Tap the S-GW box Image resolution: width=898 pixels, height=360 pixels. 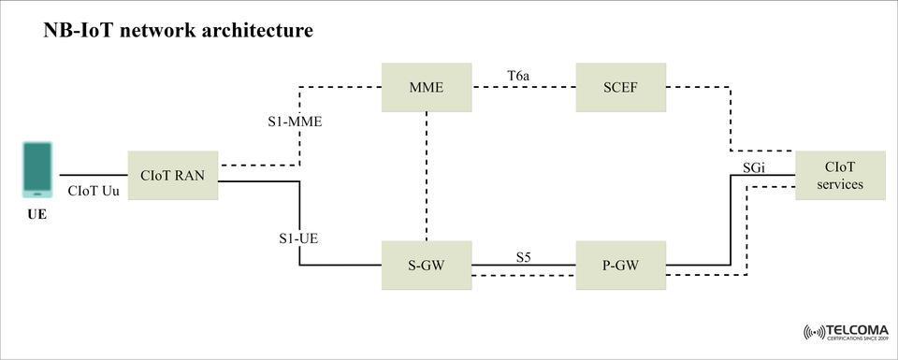click(x=426, y=266)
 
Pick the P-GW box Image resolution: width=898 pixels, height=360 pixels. click(x=620, y=266)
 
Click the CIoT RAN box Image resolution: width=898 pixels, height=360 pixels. click(x=172, y=174)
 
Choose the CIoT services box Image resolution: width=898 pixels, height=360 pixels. click(x=839, y=175)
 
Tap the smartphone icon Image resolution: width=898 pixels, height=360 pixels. click(x=37, y=169)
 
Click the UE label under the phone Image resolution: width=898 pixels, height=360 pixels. click(x=36, y=215)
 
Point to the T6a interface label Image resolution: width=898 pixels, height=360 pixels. click(x=519, y=72)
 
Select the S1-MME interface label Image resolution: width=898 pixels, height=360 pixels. click(x=295, y=122)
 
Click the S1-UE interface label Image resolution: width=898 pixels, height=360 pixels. click(x=298, y=238)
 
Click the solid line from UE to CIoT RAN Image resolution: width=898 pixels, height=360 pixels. click(x=94, y=175)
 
